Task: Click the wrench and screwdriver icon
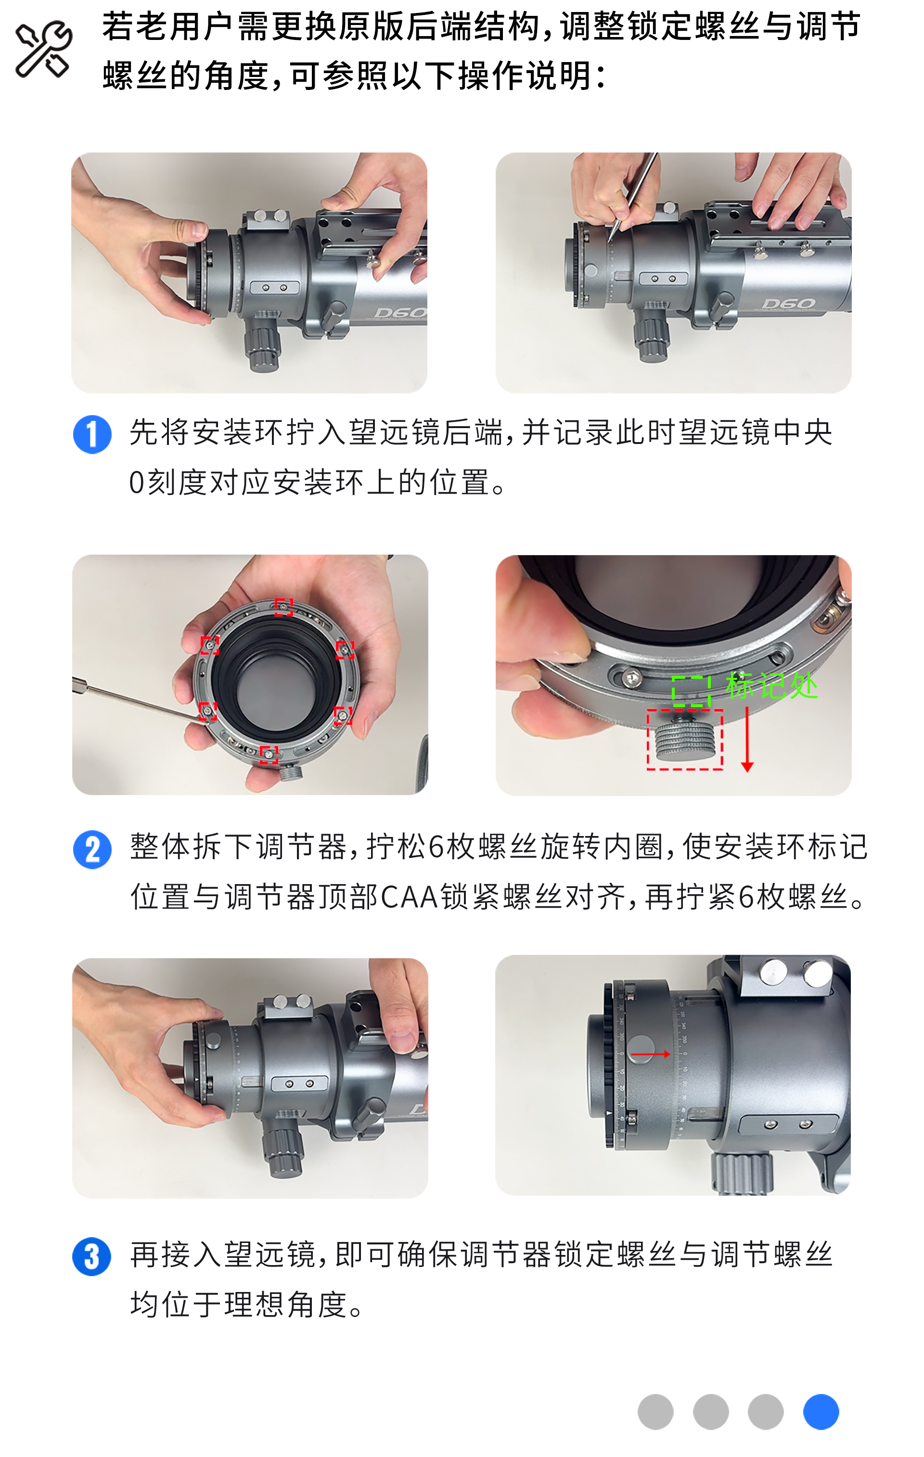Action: [44, 50]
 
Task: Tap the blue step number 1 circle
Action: [92, 434]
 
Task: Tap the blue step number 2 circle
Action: [92, 849]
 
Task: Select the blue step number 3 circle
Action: [92, 1257]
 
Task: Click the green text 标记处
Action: [771, 685]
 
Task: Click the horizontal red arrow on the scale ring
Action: [650, 1054]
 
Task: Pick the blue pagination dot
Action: [821, 1412]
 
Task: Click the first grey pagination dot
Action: [655, 1412]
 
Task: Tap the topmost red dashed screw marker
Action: [283, 606]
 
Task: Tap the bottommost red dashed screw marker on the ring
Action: [269, 755]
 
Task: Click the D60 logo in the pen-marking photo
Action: [788, 303]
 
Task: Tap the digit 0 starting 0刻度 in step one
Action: [137, 483]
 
